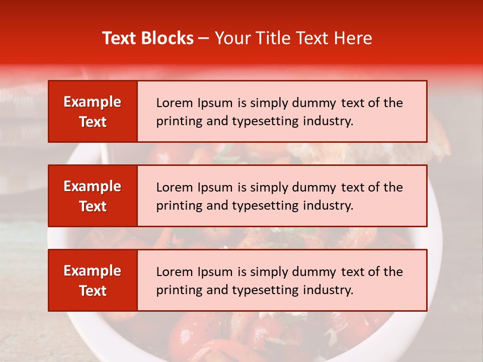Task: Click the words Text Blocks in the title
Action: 148,38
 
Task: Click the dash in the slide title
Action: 204,39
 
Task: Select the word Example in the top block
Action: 93,102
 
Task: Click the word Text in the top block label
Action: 93,122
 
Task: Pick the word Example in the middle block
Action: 93,187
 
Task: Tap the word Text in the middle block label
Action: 93,206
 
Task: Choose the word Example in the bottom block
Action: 93,271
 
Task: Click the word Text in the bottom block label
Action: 93,291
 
